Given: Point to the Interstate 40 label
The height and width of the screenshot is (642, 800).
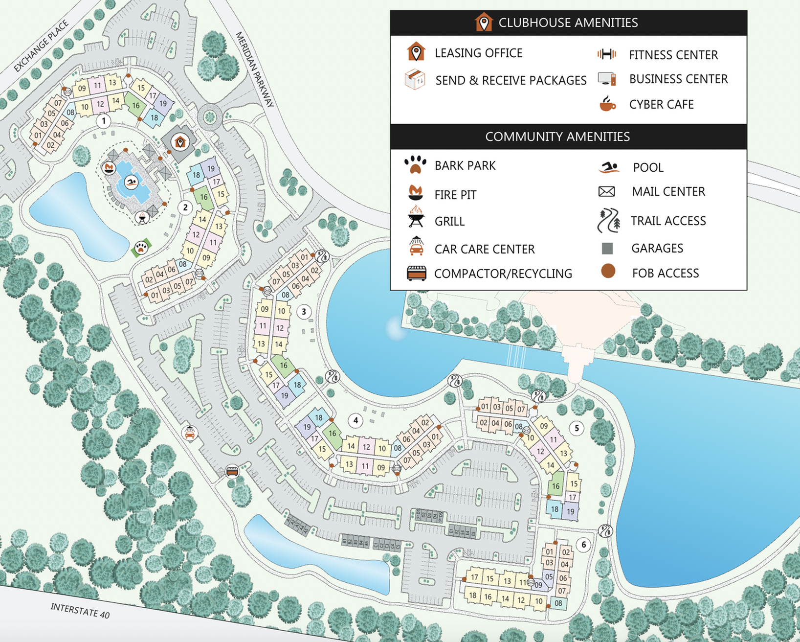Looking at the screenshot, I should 80,610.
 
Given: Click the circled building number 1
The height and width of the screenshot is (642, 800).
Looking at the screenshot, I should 103,120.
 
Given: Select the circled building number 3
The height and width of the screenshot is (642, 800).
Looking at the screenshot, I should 304,312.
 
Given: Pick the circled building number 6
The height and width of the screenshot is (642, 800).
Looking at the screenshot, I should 583,545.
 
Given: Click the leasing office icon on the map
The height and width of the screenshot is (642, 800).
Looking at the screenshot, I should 180,142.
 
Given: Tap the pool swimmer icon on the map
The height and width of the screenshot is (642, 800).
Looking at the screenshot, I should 131,183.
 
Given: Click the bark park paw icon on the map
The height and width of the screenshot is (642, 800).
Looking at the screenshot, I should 141,248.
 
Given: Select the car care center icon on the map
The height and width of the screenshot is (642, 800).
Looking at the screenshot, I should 190,433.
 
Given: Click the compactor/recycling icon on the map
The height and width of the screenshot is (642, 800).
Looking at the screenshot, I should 232,471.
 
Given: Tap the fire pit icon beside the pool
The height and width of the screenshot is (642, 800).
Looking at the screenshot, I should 109,168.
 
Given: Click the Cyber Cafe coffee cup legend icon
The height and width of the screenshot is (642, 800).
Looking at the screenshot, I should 607,104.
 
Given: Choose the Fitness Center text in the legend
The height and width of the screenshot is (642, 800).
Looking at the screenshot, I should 673,55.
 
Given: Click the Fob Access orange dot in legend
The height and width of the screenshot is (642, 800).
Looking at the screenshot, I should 608,271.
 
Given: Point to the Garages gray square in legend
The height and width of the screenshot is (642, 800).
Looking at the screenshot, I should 607,249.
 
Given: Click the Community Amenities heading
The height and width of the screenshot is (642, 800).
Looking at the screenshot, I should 557,137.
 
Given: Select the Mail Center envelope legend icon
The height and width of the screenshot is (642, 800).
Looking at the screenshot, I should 606,191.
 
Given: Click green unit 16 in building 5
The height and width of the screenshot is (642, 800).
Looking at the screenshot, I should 556,486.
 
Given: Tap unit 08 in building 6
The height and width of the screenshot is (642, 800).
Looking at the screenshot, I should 558,603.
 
